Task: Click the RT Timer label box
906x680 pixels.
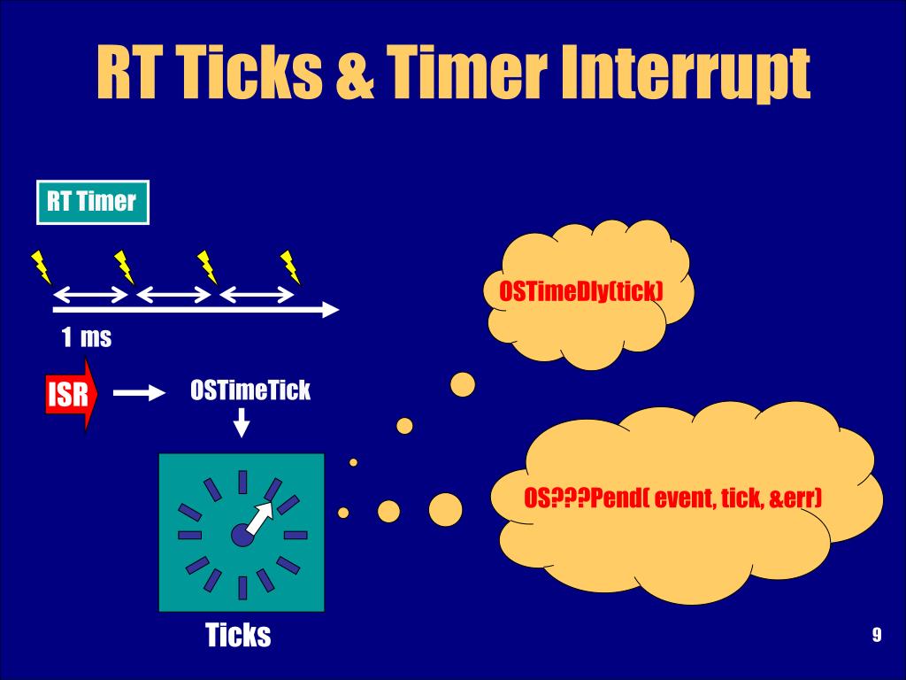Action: (x=92, y=202)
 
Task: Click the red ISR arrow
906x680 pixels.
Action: (x=69, y=394)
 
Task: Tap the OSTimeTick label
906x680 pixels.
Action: (x=250, y=390)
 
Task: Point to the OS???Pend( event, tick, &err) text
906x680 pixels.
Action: (x=672, y=498)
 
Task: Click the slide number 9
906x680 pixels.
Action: (x=876, y=635)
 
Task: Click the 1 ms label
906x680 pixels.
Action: (x=87, y=337)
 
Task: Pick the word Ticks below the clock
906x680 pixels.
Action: (x=238, y=635)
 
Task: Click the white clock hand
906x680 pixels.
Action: (x=262, y=518)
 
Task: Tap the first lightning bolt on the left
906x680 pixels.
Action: (x=41, y=266)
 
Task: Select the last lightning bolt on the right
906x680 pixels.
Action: (x=290, y=266)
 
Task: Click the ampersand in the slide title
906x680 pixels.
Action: (x=357, y=75)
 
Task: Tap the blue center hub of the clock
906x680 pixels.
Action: (x=242, y=534)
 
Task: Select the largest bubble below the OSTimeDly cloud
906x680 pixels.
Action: (x=463, y=384)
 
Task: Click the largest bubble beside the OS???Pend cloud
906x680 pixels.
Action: (x=445, y=508)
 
